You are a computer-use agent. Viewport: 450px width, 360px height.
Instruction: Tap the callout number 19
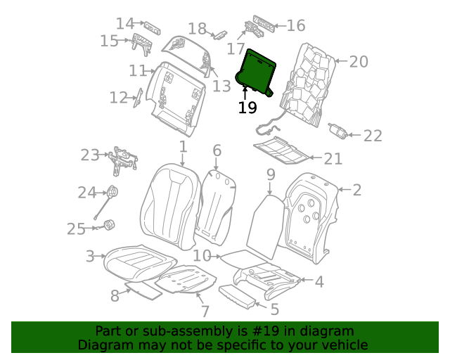247,108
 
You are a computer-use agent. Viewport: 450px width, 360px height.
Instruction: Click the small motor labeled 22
338,131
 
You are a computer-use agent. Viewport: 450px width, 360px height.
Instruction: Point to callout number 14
125,24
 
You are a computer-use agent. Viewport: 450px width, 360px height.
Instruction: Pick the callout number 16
296,26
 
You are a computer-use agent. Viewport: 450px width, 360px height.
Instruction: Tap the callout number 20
359,62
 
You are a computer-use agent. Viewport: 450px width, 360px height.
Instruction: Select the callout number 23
90,155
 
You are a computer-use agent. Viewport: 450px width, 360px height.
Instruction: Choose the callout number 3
90,257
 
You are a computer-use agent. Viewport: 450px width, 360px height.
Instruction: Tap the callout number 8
115,296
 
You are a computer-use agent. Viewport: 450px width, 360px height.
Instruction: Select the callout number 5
274,309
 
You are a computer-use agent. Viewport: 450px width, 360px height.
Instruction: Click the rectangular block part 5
237,296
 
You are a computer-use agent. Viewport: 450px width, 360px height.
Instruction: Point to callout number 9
271,174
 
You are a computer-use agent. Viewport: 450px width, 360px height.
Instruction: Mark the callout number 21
333,160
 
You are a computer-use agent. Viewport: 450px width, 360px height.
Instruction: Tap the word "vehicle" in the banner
345,345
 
